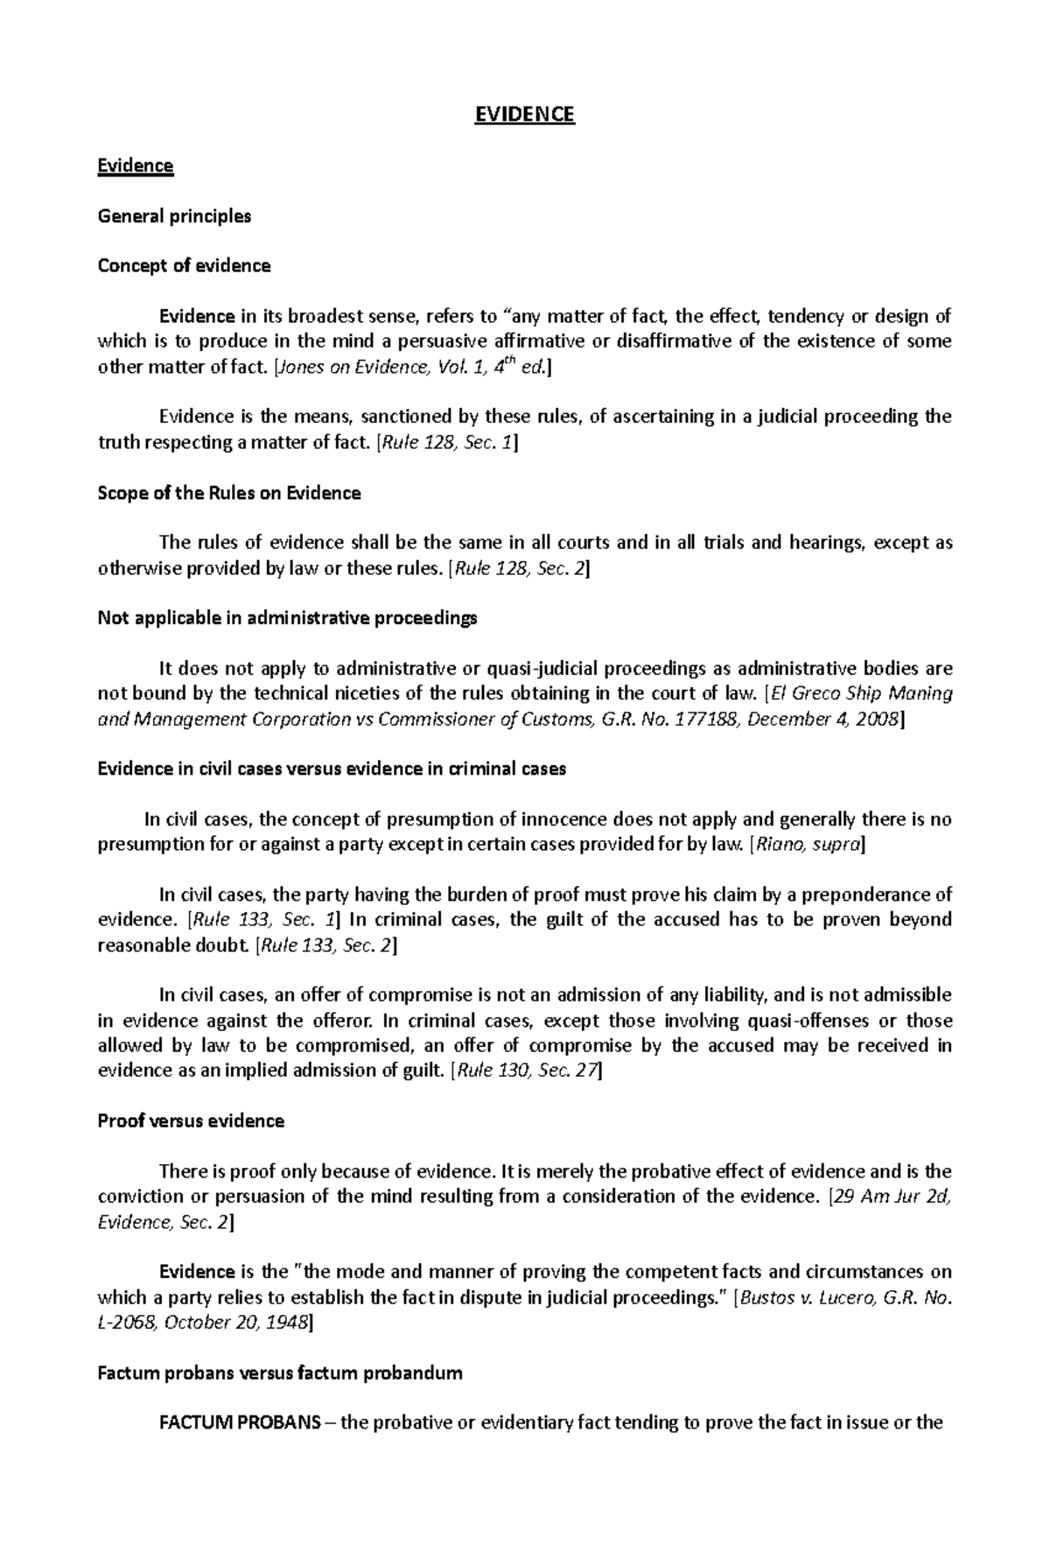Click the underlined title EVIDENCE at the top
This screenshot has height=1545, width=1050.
point(524,116)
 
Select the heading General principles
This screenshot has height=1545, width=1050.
point(174,216)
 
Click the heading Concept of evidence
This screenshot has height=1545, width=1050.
point(184,266)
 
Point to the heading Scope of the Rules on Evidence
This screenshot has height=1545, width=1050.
point(229,493)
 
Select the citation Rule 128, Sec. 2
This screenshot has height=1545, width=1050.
point(518,569)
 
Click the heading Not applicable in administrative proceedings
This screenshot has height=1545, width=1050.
point(287,619)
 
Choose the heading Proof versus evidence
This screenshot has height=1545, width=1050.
point(191,1121)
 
